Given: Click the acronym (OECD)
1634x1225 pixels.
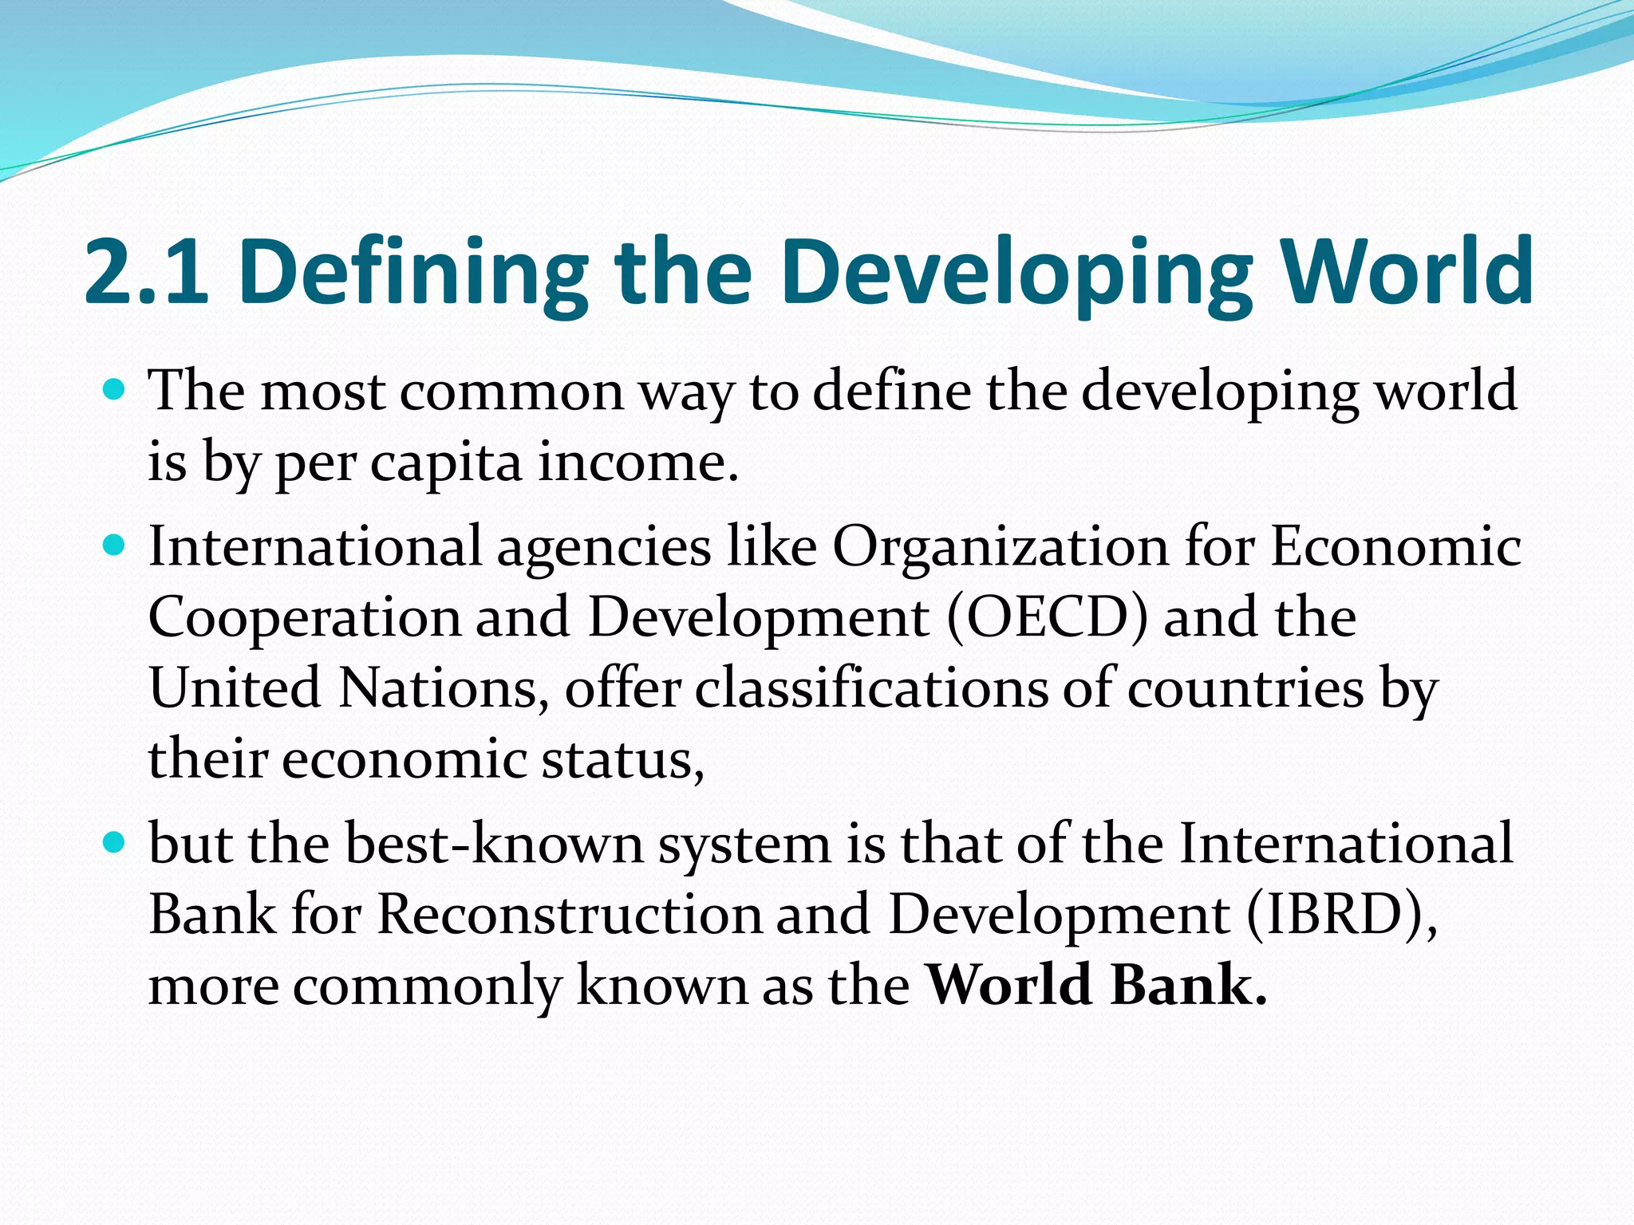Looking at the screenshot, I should [x=1048, y=618].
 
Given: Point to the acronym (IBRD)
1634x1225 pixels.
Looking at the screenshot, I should [x=1342, y=915].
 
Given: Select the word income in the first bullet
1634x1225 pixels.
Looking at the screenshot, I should [x=637, y=463].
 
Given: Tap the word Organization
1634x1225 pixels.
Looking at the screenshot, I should [x=1001, y=548].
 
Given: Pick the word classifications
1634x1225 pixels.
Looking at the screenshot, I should [x=871, y=688].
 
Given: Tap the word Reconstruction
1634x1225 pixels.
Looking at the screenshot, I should [x=570, y=915].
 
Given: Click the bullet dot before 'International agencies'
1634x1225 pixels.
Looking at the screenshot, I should [x=116, y=546].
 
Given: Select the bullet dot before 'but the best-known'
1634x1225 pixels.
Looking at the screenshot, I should [x=116, y=842].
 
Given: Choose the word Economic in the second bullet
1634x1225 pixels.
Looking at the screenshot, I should [x=1395, y=548].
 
